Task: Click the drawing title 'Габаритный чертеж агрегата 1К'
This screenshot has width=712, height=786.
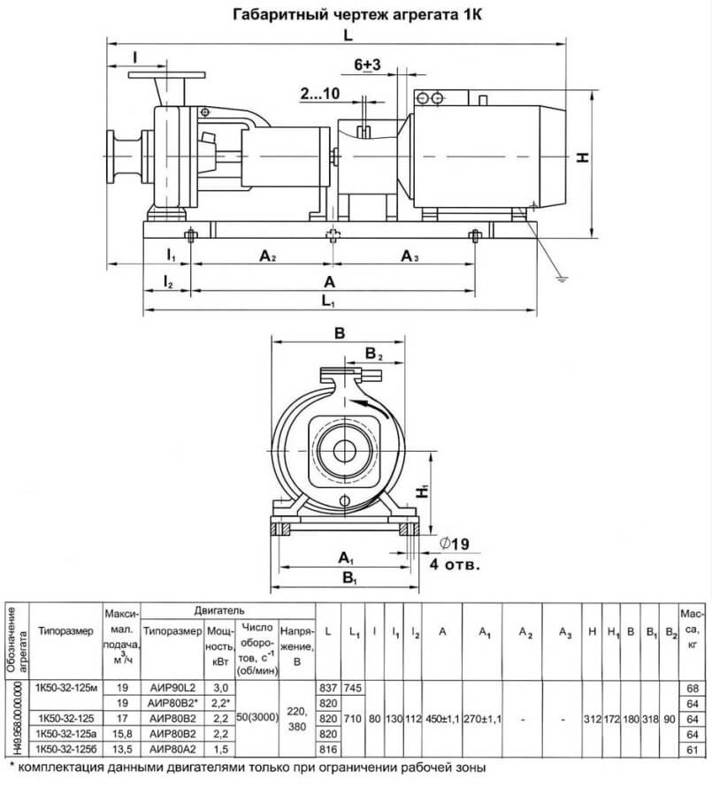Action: pyautogui.click(x=357, y=14)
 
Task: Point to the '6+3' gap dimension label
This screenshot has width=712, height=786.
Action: pyautogui.click(x=367, y=65)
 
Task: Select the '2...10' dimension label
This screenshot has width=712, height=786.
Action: pyautogui.click(x=320, y=93)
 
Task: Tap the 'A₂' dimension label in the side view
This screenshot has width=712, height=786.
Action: pyautogui.click(x=268, y=256)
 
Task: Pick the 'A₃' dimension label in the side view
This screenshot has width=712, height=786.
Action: pyautogui.click(x=410, y=256)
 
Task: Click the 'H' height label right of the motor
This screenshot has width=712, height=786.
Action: pyautogui.click(x=582, y=157)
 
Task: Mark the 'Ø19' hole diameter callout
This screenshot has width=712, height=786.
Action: pyautogui.click(x=454, y=544)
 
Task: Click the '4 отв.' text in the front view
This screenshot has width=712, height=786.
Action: pyautogui.click(x=455, y=564)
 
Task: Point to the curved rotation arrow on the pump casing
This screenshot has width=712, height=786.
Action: pyautogui.click(x=371, y=406)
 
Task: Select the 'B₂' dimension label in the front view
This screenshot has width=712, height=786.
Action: pyautogui.click(x=373, y=355)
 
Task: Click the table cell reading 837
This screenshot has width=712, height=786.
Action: pyautogui.click(x=328, y=688)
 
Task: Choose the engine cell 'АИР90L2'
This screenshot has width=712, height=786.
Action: pyautogui.click(x=172, y=687)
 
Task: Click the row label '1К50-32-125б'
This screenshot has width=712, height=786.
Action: pyautogui.click(x=66, y=749)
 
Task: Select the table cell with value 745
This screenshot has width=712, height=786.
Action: pyautogui.click(x=353, y=688)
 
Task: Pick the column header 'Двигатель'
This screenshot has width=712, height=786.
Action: pyautogui.click(x=219, y=611)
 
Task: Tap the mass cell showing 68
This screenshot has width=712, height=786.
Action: pyautogui.click(x=693, y=688)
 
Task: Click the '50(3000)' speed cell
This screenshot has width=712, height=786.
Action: pyautogui.click(x=257, y=717)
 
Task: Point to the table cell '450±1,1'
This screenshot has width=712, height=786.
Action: pyautogui.click(x=442, y=719)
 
